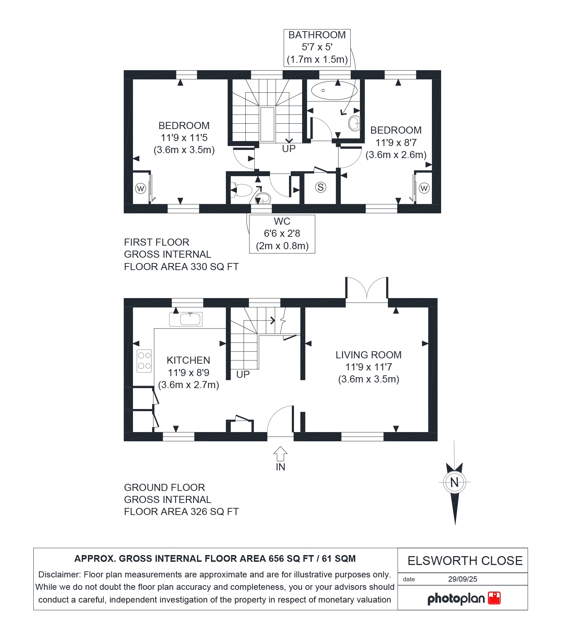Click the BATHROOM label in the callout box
(x=317, y=35)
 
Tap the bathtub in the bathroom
(x=334, y=91)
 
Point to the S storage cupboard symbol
(x=321, y=187)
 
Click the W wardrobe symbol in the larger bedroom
(x=140, y=188)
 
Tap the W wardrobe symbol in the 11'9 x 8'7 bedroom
(x=424, y=188)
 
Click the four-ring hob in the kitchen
(x=144, y=361)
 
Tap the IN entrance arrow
(x=280, y=454)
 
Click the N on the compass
(x=454, y=482)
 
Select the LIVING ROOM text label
(x=368, y=355)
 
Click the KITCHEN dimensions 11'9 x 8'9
(x=188, y=373)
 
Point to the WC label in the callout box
(x=282, y=222)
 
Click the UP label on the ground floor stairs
(x=243, y=374)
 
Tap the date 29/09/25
(x=462, y=579)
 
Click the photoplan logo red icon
(x=494, y=598)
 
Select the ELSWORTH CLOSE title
(x=465, y=561)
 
